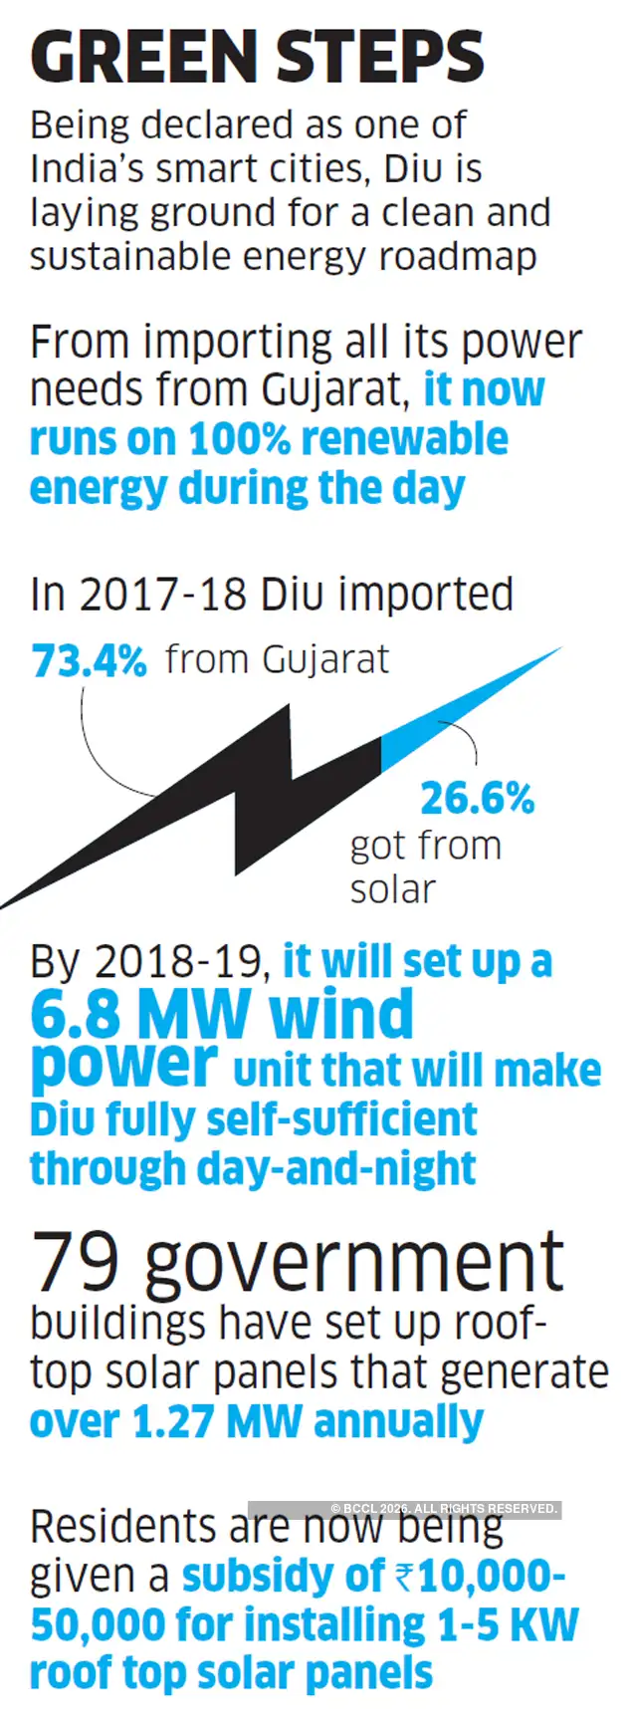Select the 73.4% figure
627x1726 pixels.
click(89, 660)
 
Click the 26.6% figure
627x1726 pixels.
click(477, 798)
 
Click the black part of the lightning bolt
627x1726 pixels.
click(229, 797)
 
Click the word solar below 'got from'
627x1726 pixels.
click(392, 888)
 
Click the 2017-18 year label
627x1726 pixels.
click(163, 595)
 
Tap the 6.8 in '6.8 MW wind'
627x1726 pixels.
click(74, 1015)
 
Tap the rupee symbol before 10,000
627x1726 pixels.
click(404, 1576)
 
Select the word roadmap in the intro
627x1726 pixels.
click(459, 256)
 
